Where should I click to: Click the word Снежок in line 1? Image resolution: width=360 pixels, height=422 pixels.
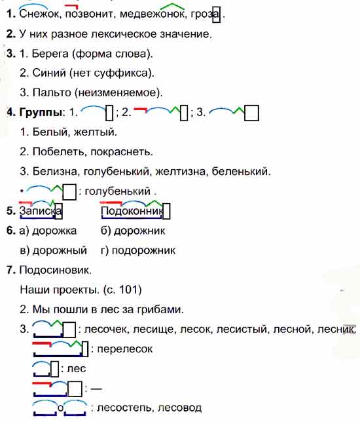(x=39, y=14)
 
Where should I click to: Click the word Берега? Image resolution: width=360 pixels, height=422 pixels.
(x=50, y=54)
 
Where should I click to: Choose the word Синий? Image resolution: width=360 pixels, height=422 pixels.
(x=49, y=73)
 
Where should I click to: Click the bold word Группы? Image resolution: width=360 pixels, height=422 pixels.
(x=41, y=112)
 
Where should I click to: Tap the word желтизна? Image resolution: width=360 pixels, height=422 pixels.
(x=180, y=171)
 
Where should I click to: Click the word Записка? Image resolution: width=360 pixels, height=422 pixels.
(x=41, y=211)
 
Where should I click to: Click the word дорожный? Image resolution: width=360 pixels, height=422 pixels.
(x=60, y=250)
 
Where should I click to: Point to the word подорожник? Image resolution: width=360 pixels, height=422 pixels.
(x=143, y=250)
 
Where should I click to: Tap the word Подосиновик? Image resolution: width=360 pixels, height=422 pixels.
(x=55, y=270)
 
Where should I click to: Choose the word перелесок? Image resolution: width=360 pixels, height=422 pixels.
(x=124, y=349)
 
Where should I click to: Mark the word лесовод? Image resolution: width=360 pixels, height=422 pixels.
(x=179, y=408)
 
